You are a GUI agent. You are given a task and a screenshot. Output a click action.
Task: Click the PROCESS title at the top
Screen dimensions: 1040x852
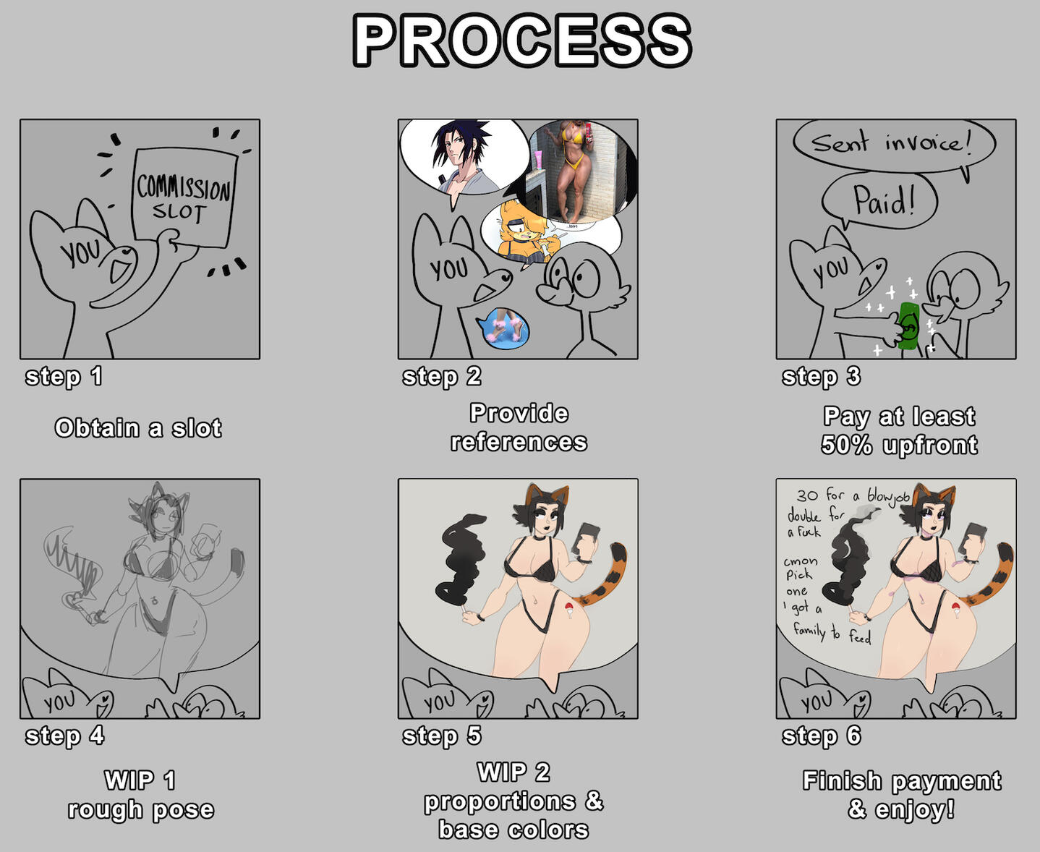point(521,41)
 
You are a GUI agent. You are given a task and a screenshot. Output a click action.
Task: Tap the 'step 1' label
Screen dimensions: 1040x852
point(64,377)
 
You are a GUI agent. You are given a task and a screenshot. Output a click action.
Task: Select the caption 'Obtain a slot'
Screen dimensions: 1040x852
point(138,427)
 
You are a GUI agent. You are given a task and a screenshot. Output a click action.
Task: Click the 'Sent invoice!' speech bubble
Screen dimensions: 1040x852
point(894,145)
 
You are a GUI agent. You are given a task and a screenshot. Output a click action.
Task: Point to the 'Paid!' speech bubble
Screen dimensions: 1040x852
point(879,201)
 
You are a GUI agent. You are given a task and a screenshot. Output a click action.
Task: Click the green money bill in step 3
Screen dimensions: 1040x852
point(909,326)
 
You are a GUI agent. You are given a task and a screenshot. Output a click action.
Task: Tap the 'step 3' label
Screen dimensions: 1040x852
point(821,377)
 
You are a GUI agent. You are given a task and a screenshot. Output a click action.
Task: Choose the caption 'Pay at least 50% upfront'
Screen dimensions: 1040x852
point(899,430)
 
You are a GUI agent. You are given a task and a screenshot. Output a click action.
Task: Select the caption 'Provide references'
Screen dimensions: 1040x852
point(519,427)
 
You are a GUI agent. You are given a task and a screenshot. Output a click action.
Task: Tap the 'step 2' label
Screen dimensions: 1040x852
point(442,377)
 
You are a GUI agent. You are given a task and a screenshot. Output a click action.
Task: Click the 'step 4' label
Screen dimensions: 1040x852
point(64,736)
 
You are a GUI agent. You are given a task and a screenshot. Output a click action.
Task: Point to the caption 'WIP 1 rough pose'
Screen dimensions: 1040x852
point(140,795)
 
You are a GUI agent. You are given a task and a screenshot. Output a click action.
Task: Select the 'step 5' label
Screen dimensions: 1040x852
point(442,736)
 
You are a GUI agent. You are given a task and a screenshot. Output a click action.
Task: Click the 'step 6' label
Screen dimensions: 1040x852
point(822,736)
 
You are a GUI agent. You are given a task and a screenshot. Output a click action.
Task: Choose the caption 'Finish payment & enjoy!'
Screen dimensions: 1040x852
point(902,795)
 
